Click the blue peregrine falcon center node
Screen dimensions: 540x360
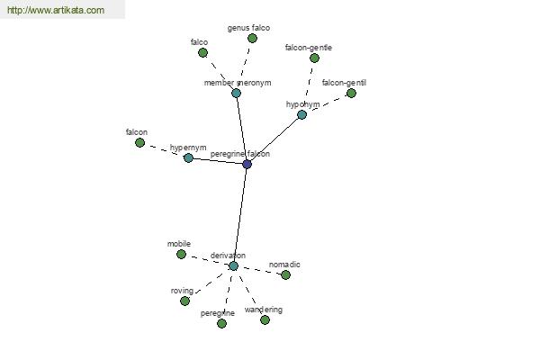tap(247, 164)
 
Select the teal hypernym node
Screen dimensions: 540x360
tap(188, 157)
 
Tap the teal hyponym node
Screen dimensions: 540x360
tap(301, 114)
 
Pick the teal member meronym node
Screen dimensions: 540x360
tap(236, 93)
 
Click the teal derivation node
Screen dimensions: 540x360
tap(233, 266)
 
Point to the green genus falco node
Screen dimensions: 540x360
tap(252, 38)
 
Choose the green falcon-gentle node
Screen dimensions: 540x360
tap(314, 58)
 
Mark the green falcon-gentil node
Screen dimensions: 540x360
tap(351, 93)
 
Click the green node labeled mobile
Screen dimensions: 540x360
tap(181, 254)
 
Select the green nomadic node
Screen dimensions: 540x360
tap(285, 274)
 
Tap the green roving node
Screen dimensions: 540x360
tap(184, 301)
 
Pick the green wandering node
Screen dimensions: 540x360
tap(265, 320)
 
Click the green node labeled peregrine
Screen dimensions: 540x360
tap(221, 323)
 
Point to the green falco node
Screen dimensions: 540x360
tap(202, 53)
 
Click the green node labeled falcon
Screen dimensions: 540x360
tap(139, 142)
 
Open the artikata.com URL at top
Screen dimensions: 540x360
tap(56, 10)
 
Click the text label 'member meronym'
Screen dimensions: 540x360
tap(238, 83)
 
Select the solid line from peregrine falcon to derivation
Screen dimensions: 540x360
tap(240, 215)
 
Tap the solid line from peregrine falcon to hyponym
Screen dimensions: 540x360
tap(274, 139)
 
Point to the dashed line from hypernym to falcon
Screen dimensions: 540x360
tap(164, 150)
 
